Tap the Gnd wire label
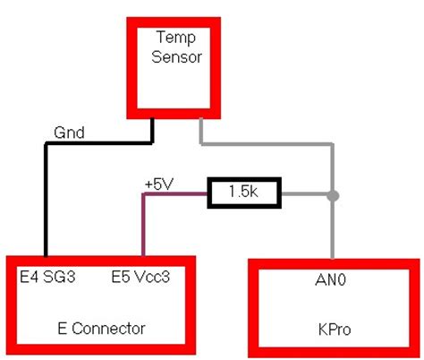70,133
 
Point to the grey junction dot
333,194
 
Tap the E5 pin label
123,278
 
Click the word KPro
333,329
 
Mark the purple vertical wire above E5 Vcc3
141,228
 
